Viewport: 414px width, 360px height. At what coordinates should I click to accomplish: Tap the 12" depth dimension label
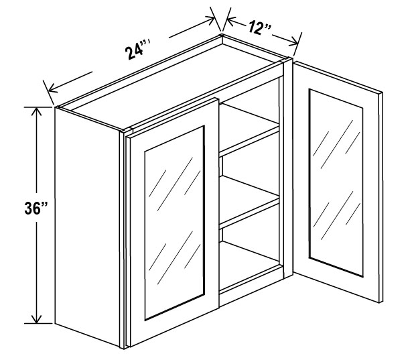[x=259, y=27]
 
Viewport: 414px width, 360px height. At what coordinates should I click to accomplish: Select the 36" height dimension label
[x=36, y=208]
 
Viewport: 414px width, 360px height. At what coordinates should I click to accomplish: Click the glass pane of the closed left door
[x=175, y=223]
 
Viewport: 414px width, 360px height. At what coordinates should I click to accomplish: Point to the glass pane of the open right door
[x=336, y=183]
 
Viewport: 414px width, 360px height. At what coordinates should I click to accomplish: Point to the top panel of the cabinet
[x=169, y=84]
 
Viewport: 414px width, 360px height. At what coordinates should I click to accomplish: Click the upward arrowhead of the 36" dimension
[x=36, y=112]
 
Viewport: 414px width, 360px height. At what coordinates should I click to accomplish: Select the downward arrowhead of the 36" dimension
[x=36, y=318]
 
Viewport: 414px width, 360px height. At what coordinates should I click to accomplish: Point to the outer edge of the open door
[x=381, y=198]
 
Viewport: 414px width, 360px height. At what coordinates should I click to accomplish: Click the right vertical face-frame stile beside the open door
[x=287, y=168]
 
